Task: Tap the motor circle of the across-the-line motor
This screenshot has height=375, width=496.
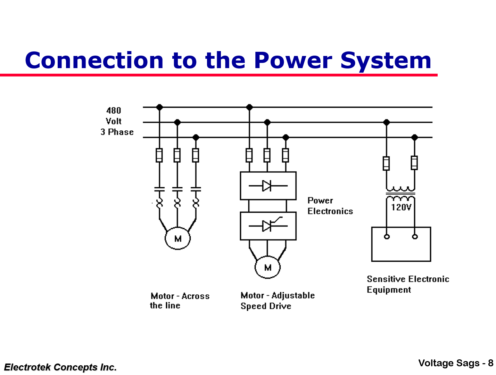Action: (177, 238)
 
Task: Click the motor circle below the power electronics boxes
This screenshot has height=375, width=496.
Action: (267, 267)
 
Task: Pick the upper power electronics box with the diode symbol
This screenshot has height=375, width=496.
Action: (268, 186)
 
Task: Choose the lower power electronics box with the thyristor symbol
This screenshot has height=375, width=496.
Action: (268, 226)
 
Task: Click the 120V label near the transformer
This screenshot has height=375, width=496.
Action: (401, 207)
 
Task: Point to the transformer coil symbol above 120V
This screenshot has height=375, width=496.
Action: (400, 193)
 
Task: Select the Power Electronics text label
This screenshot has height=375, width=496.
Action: (330, 206)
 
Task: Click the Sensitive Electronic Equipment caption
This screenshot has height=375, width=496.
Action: (407, 284)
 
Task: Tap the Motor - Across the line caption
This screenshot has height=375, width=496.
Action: (180, 301)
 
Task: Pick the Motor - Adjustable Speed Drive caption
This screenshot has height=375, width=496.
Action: (277, 301)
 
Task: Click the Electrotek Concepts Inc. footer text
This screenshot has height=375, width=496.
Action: (60, 367)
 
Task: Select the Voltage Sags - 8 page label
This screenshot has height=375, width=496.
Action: (455, 363)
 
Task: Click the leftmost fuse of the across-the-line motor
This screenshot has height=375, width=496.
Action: (159, 155)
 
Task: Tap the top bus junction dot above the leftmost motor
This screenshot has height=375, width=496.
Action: (159, 107)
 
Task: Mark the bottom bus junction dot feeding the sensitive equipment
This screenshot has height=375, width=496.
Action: (414, 137)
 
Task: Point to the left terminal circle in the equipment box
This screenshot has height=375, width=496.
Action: (387, 237)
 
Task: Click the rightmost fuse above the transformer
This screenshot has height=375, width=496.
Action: (414, 163)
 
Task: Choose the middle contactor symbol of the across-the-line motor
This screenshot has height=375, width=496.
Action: (177, 189)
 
